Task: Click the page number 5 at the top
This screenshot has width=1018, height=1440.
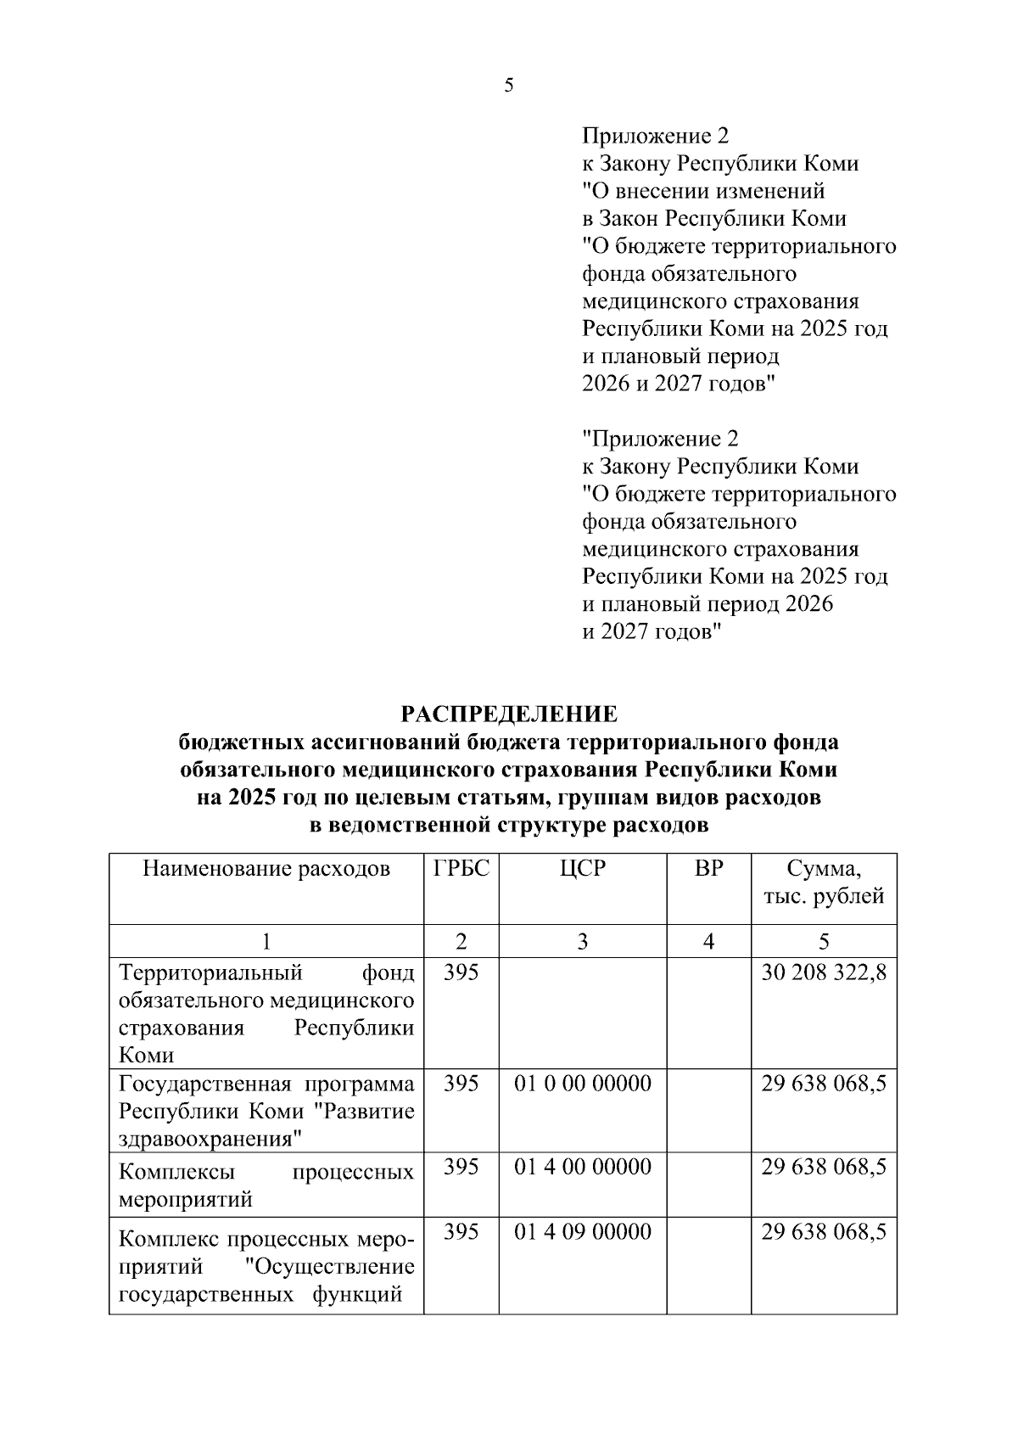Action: point(508,86)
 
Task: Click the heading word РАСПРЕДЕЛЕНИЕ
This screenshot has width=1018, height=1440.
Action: point(509,714)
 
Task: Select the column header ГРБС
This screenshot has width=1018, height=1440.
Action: point(461,869)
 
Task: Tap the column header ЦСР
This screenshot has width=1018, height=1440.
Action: point(582,869)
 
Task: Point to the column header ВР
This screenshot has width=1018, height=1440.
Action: point(708,869)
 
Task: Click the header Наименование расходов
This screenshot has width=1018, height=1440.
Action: point(266,869)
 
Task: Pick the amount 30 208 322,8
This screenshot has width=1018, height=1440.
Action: point(823,972)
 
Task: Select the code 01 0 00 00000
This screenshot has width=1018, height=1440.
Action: point(582,1084)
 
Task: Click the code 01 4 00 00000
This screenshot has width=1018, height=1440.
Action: point(582,1168)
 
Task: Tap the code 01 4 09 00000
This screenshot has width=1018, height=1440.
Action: point(582,1231)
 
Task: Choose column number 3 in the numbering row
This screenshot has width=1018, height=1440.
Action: point(582,941)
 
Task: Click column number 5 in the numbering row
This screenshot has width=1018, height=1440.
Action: point(824,941)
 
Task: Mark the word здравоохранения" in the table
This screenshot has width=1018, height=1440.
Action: point(211,1139)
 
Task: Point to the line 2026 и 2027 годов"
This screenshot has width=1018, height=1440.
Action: point(679,384)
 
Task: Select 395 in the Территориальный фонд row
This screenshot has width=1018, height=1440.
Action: point(461,972)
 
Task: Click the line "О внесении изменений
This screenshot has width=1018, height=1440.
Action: point(703,191)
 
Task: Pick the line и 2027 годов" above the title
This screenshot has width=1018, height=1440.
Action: point(651,632)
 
